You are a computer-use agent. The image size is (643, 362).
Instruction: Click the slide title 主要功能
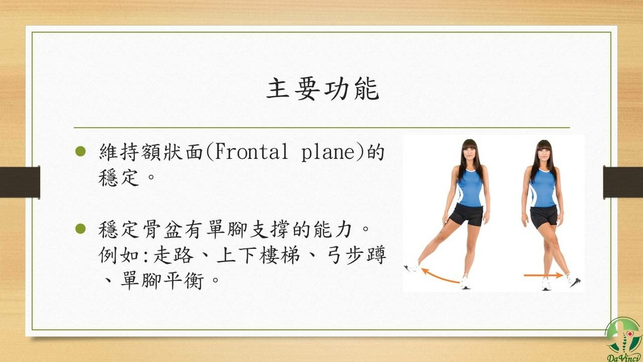click(323, 89)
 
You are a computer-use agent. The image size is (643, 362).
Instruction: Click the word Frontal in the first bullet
click(251, 152)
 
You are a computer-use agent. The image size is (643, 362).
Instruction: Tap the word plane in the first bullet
click(327, 153)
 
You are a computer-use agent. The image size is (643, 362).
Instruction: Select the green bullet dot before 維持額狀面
click(80, 151)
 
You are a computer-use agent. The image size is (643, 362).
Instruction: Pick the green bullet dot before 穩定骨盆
click(80, 229)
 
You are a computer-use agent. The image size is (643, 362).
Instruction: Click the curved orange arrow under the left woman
click(439, 277)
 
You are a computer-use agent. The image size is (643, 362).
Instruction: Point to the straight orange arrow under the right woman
click(543, 275)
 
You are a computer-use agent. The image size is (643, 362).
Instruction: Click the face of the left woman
click(470, 153)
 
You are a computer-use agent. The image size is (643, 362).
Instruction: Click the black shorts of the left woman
click(467, 214)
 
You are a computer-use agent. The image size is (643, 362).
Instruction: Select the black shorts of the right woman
click(544, 216)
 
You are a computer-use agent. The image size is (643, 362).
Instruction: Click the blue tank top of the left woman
click(470, 187)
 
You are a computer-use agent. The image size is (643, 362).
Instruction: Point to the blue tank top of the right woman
click(543, 188)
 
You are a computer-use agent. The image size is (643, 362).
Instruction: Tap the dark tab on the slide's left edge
click(20, 182)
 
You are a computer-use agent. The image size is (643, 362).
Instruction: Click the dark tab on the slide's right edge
click(623, 182)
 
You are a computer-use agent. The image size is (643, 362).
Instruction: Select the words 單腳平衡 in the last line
click(163, 281)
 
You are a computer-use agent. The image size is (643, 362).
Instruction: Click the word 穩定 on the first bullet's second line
click(119, 178)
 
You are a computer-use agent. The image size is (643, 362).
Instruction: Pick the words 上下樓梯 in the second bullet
click(258, 255)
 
